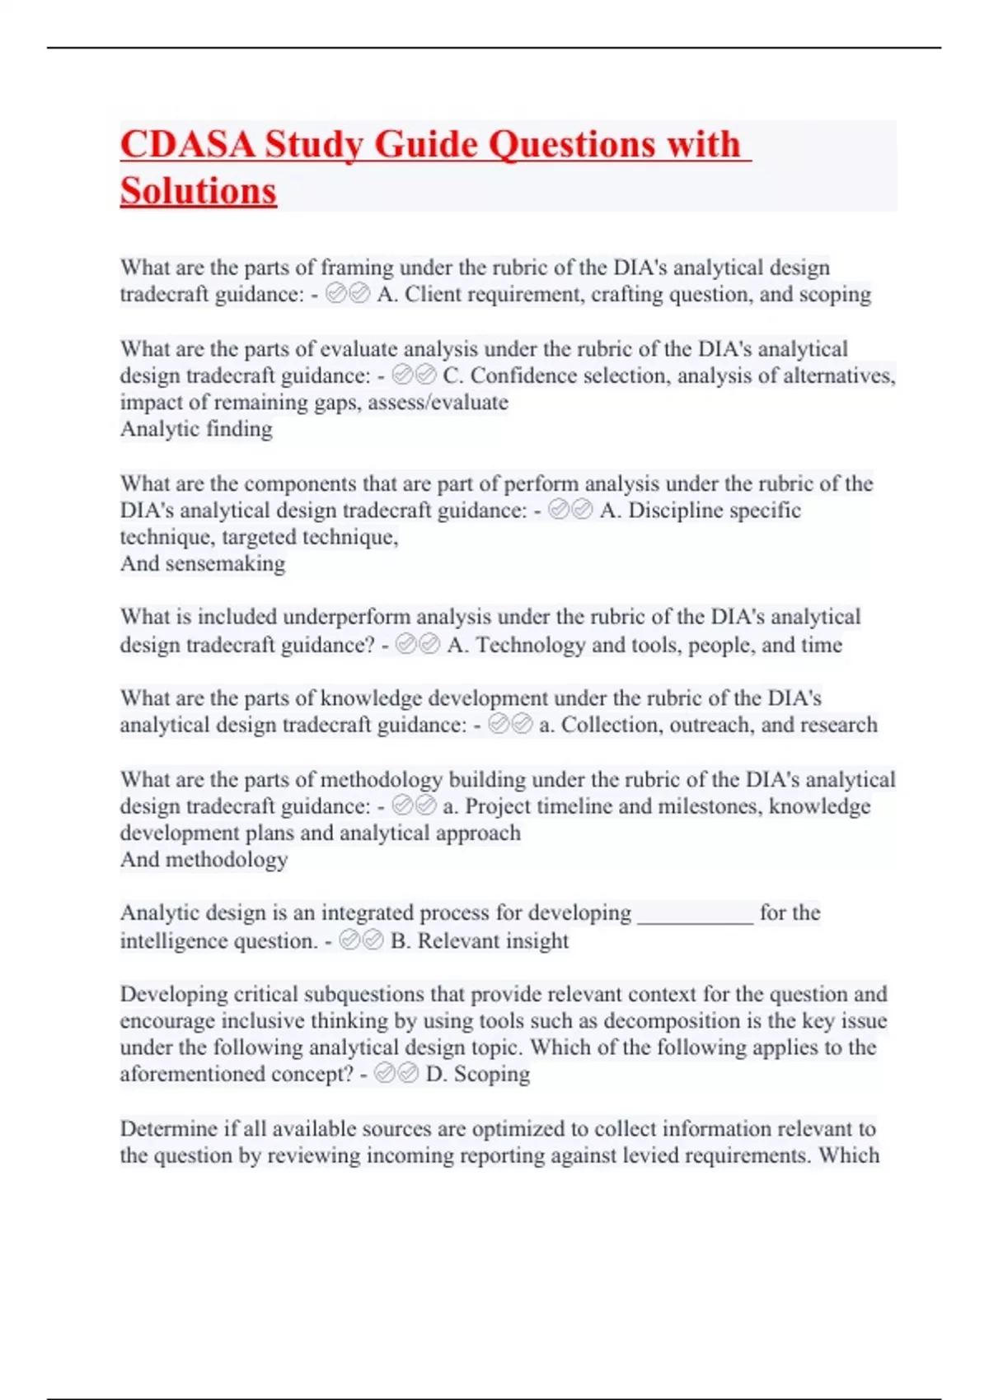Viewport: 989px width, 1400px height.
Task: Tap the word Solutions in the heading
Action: (198, 191)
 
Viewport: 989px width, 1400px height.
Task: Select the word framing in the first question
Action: (357, 268)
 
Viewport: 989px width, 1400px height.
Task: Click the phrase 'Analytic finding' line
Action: (196, 429)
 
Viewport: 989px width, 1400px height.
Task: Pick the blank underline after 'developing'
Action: (696, 914)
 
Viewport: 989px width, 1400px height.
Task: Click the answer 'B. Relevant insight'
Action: (479, 940)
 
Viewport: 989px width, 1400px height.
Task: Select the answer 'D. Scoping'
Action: (477, 1074)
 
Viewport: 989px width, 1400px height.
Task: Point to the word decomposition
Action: (672, 1021)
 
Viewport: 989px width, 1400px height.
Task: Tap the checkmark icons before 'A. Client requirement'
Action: (348, 294)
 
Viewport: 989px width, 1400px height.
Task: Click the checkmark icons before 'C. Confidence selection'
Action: (415, 376)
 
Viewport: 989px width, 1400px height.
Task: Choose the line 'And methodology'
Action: (204, 860)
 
